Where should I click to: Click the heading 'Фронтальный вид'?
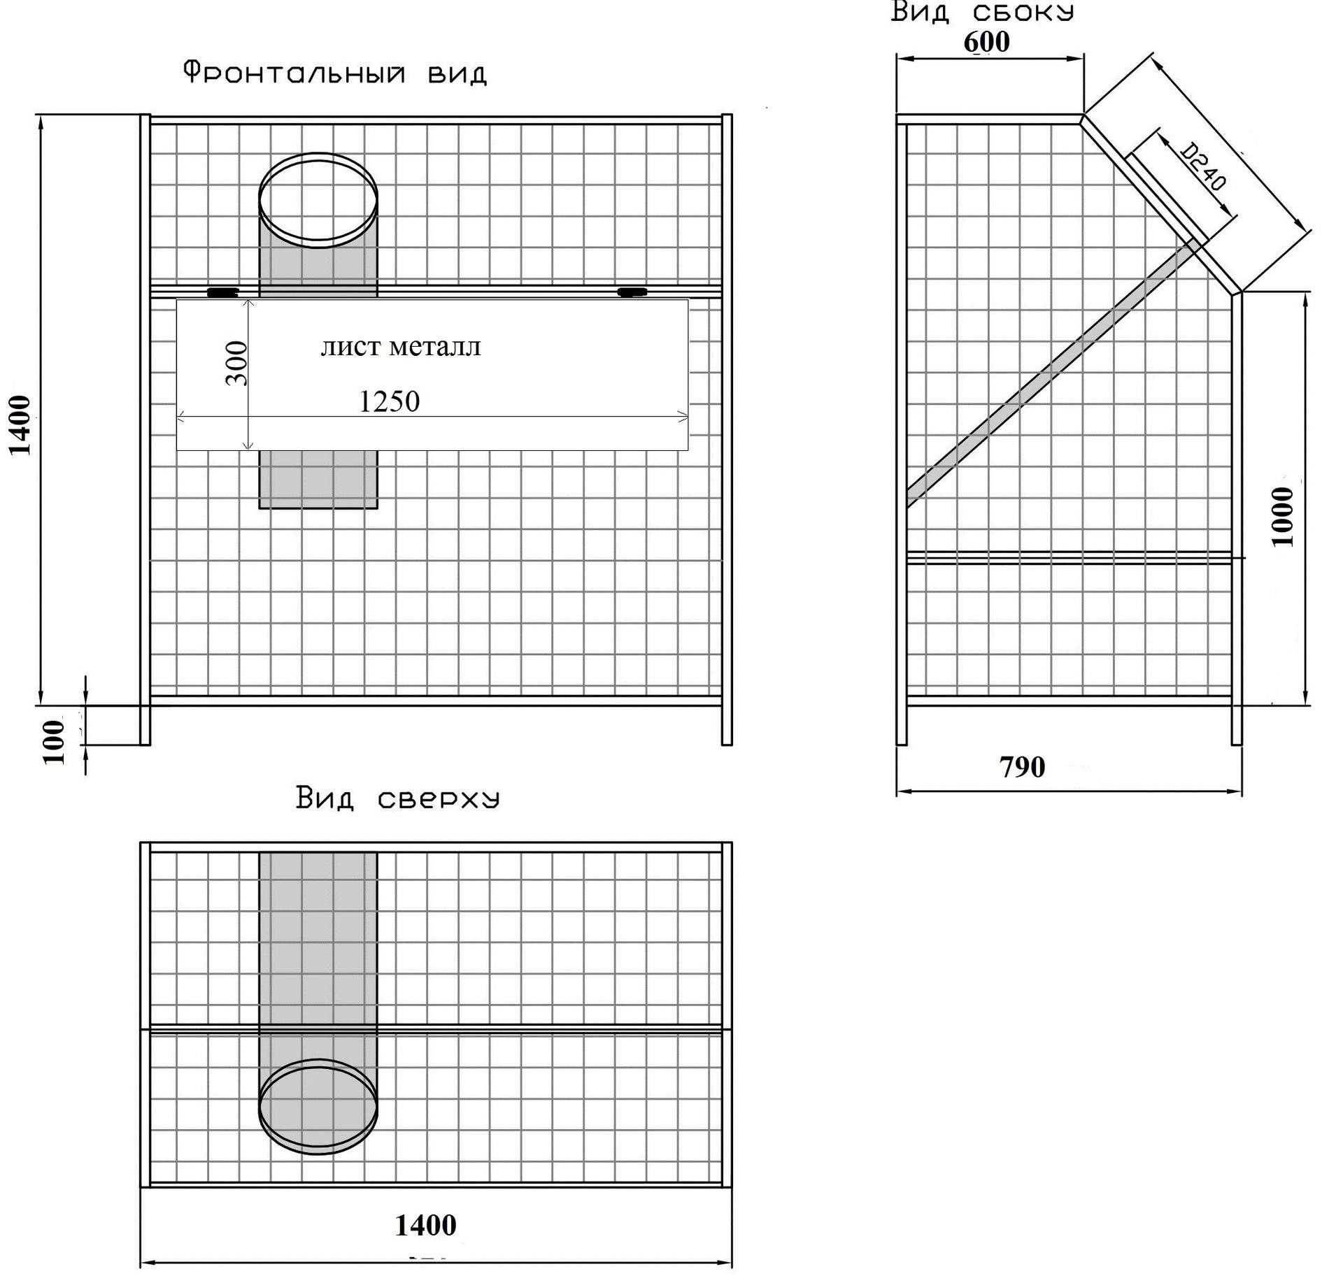(x=334, y=73)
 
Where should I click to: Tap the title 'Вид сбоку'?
(x=983, y=12)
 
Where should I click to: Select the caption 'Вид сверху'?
(x=397, y=798)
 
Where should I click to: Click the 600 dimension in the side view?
(x=986, y=42)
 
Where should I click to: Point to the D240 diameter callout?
(x=1204, y=166)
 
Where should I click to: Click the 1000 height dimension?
(x=1282, y=517)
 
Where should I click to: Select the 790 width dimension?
(x=1022, y=767)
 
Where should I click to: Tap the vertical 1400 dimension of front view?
(x=20, y=425)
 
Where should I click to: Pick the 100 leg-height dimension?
(x=53, y=742)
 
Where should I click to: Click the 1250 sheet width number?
(x=389, y=401)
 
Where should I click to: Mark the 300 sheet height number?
(x=236, y=363)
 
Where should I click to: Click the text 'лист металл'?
(x=401, y=347)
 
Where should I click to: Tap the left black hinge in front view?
(x=222, y=292)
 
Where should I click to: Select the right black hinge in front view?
(x=632, y=291)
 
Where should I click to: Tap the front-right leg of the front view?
(x=727, y=725)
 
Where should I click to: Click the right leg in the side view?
(x=1237, y=725)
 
